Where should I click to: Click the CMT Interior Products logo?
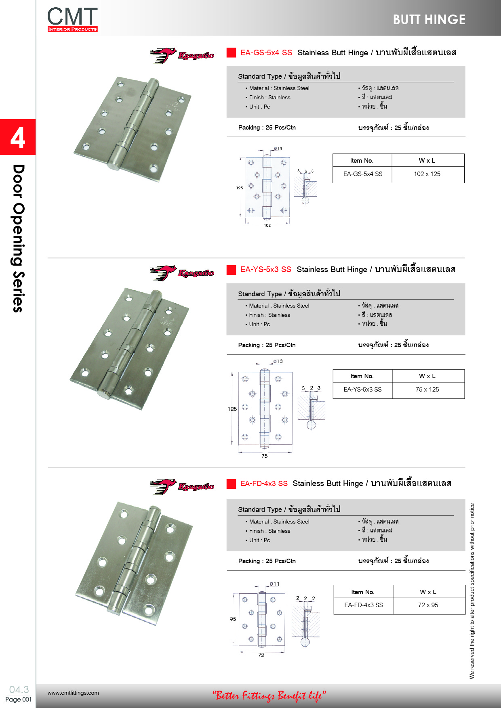click(72, 19)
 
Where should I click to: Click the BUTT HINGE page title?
click(429, 20)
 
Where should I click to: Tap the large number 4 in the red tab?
click(18, 138)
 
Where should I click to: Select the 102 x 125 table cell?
click(427, 174)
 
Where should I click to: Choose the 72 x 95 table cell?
click(428, 605)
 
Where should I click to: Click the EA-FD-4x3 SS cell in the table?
click(364, 605)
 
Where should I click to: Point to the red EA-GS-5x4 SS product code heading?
click(266, 52)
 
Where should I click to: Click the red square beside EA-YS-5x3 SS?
click(231, 270)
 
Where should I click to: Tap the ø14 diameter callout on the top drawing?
click(278, 149)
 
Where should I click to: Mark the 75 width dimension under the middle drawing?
click(265, 456)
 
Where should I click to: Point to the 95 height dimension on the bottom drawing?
click(233, 619)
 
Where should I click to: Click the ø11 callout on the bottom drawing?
click(275, 584)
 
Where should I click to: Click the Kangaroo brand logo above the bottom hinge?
click(182, 486)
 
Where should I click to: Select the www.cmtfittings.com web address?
click(73, 693)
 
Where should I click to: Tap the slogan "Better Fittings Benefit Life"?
click(269, 695)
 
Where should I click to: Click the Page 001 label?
click(18, 700)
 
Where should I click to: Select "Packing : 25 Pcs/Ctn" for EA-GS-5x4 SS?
click(267, 128)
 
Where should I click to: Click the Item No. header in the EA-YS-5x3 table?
click(362, 376)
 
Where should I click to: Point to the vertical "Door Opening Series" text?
click(18, 238)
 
